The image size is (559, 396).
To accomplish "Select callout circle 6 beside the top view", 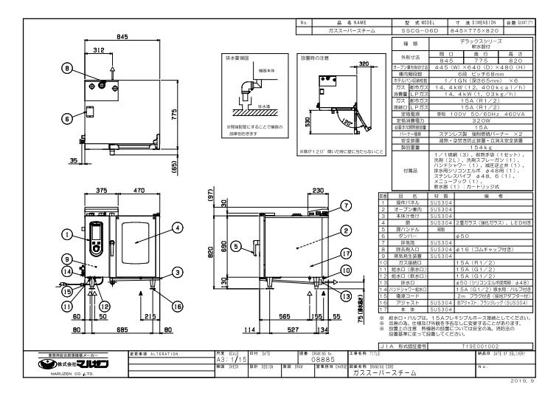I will (67, 117).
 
